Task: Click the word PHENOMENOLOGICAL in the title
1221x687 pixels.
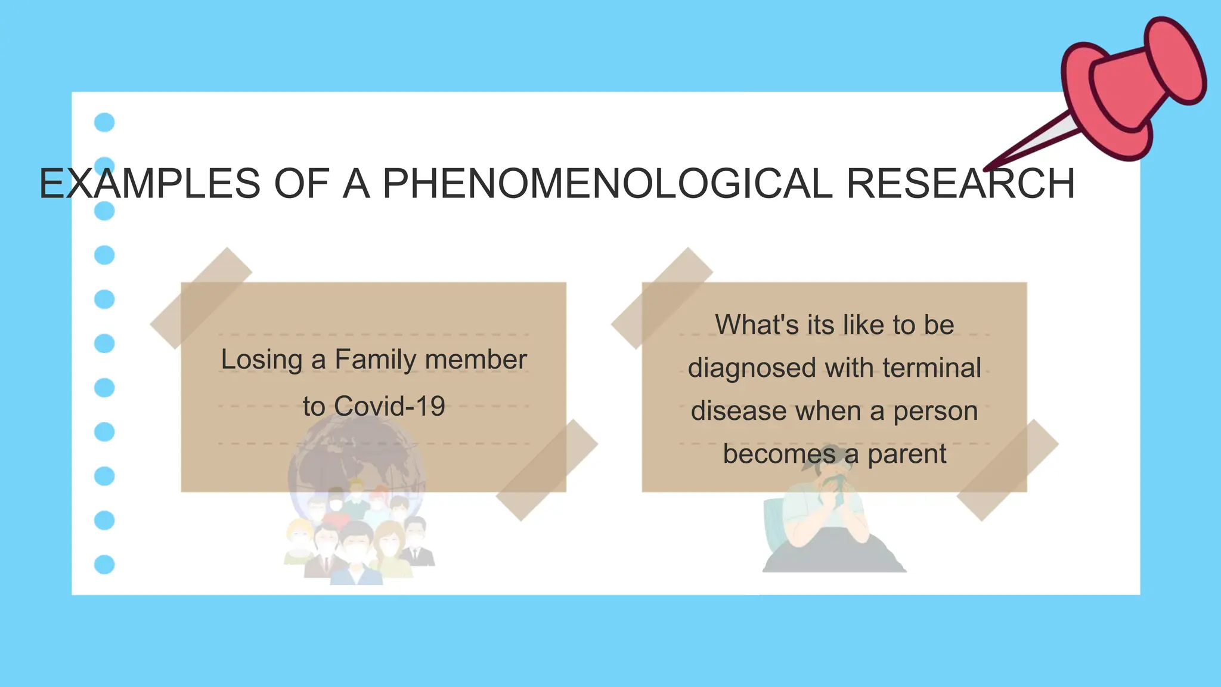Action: point(607,183)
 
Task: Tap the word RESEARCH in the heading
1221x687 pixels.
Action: point(960,183)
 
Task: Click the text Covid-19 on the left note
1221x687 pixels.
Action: point(389,407)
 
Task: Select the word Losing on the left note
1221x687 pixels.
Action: point(262,360)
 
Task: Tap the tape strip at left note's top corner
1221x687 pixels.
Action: point(201,298)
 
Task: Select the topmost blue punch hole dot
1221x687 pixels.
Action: point(104,122)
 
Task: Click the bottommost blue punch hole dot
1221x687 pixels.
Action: point(104,564)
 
